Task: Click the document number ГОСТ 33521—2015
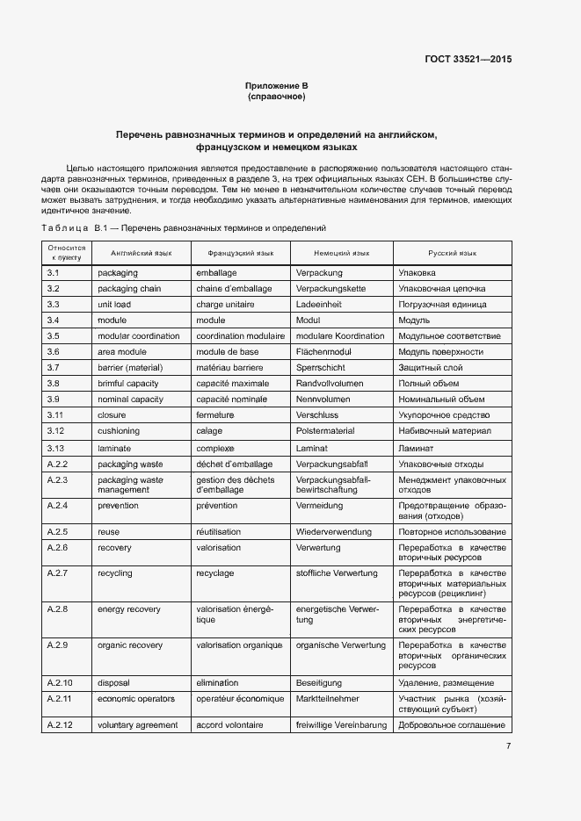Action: pyautogui.click(x=468, y=60)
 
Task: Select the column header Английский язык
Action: pyautogui.click(x=141, y=253)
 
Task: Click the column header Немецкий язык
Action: pyautogui.click(x=341, y=253)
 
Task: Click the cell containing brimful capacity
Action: pyautogui.click(x=128, y=384)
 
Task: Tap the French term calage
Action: pyautogui.click(x=209, y=431)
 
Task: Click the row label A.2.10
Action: pyautogui.click(x=60, y=682)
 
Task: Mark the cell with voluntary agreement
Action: pyautogui.click(x=137, y=725)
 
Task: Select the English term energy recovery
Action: pyautogui.click(x=130, y=609)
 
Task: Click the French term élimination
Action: pyautogui.click(x=217, y=682)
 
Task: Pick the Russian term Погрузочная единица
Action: pyautogui.click(x=442, y=305)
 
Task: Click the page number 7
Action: pyautogui.click(x=508, y=746)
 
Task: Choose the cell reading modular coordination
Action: pyautogui.click(x=139, y=336)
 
